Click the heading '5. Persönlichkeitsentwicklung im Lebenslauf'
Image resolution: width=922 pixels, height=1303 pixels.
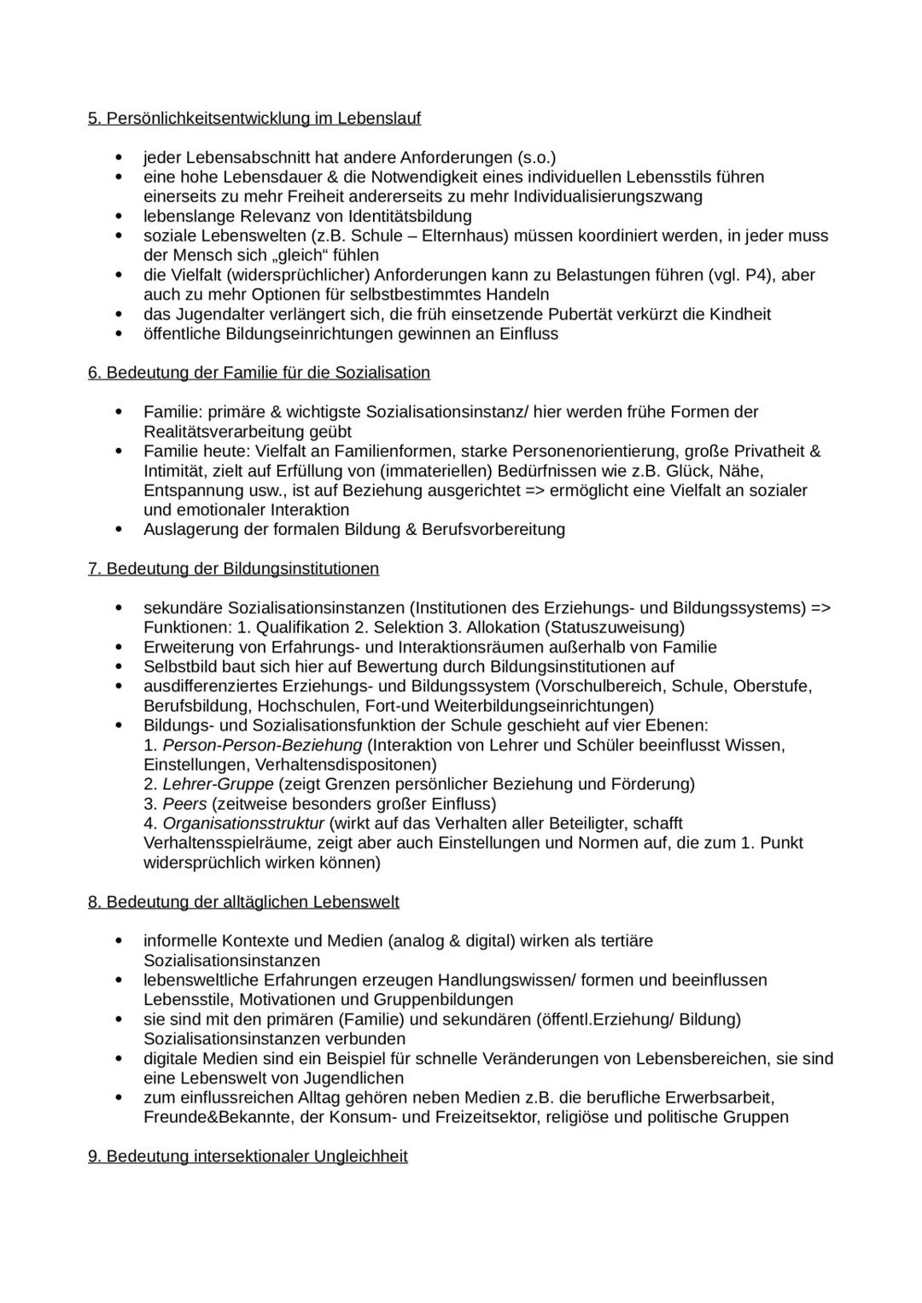point(254,119)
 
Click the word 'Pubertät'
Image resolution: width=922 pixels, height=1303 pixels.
point(581,315)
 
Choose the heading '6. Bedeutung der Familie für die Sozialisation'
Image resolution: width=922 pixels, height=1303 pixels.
point(259,373)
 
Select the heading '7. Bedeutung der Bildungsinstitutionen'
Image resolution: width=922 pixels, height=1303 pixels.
point(233,569)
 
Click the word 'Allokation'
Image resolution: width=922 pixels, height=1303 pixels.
point(507,628)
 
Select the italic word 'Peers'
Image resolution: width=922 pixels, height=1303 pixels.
point(184,805)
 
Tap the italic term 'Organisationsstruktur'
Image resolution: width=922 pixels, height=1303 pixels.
point(243,824)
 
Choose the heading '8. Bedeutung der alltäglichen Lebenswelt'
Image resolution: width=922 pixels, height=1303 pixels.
point(243,903)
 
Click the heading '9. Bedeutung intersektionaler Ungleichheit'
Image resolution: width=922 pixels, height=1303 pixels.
point(248,1157)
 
